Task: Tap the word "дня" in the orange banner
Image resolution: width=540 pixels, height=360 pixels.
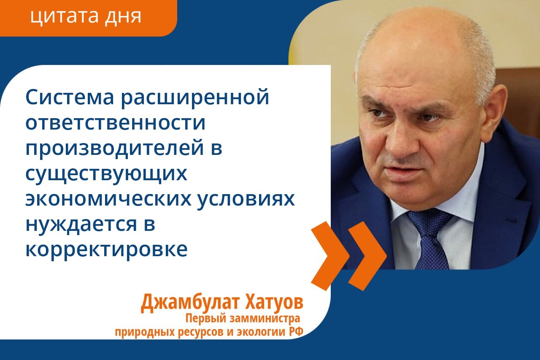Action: [123, 17]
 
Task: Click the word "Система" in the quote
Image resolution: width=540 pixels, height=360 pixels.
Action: [70, 97]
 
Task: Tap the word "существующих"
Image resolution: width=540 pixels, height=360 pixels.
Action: [106, 174]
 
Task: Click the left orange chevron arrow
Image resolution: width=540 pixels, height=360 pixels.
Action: [330, 256]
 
